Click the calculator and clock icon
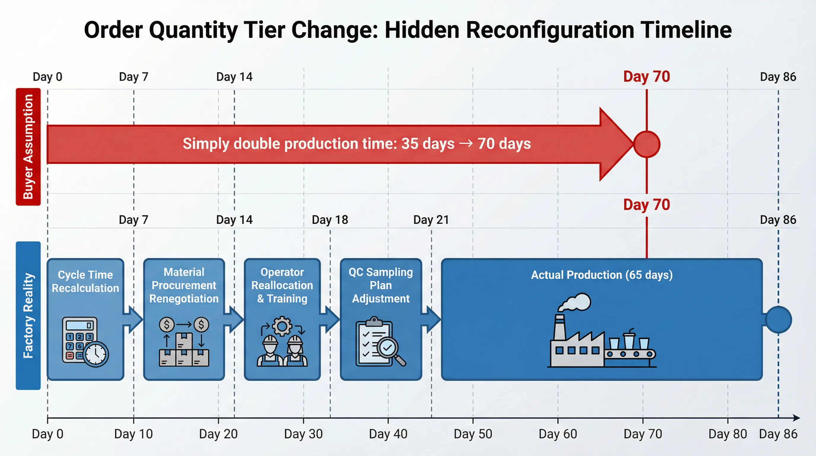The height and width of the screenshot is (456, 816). tap(85, 342)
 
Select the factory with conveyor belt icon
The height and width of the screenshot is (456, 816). tap(601, 336)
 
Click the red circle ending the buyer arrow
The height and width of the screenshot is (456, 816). tap(646, 144)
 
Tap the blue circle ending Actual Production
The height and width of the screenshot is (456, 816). tap(778, 320)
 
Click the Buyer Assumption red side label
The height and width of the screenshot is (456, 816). tap(28, 146)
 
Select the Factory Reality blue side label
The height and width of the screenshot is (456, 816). tap(28, 315)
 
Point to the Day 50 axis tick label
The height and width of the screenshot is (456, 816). tap(473, 434)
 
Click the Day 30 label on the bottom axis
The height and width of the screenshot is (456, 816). tap(303, 434)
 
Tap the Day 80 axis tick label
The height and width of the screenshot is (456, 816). tap(728, 434)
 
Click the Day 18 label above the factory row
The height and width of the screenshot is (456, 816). tap(330, 220)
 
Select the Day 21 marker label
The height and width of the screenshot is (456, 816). tap(431, 220)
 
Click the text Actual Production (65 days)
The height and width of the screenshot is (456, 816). tap(602, 275)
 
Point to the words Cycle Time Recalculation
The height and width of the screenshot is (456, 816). tap(85, 281)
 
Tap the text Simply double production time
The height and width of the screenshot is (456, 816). tap(290, 144)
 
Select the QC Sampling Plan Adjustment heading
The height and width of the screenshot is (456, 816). tap(381, 285)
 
